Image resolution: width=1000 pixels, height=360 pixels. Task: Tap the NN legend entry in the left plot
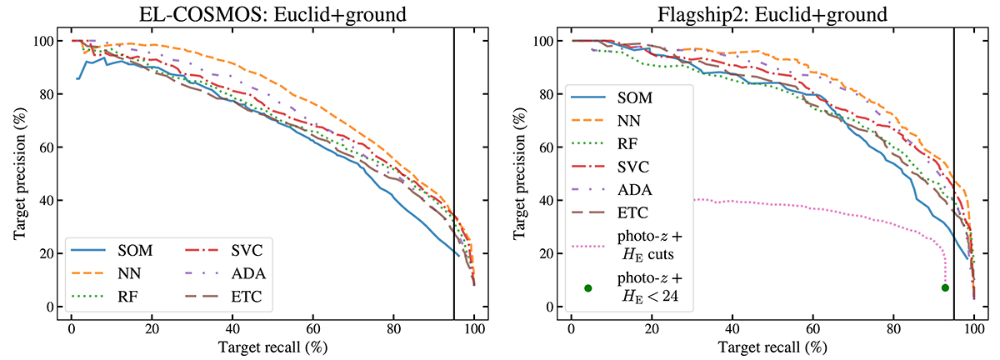point(136,272)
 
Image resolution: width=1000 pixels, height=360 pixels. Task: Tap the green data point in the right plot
point(945,287)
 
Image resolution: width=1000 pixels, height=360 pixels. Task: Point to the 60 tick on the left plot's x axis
point(312,327)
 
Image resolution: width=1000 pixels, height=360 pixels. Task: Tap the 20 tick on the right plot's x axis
point(651,327)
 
